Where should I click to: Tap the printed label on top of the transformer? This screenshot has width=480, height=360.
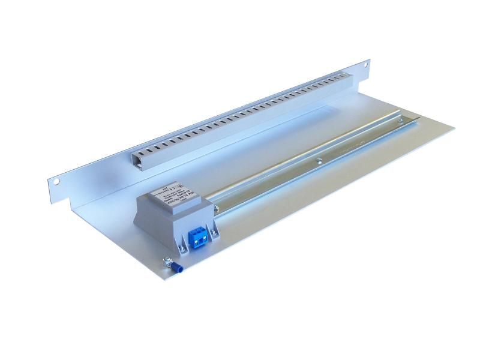coord(174,196)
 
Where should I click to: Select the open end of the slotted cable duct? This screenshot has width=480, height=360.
coord(140,159)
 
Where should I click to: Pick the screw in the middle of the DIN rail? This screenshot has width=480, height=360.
coord(319,159)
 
